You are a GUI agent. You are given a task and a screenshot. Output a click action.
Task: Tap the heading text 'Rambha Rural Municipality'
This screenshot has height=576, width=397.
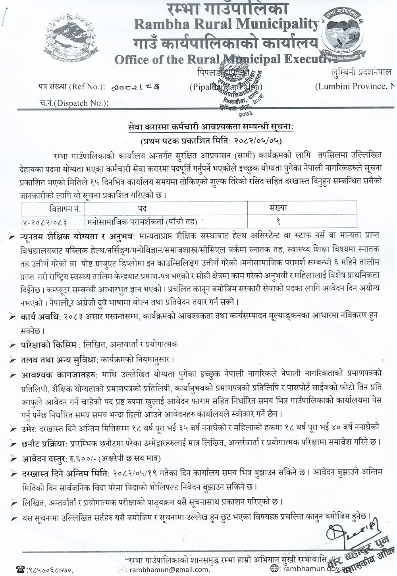pyautogui.click(x=226, y=25)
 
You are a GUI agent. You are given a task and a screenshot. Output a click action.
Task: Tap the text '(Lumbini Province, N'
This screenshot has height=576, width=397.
pyautogui.click(x=356, y=86)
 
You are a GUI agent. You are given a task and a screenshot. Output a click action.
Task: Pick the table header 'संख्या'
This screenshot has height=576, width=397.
pyautogui.click(x=278, y=208)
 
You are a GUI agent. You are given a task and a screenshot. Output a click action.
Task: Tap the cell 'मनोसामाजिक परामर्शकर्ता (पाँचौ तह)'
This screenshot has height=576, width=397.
pyautogui.click(x=143, y=220)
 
